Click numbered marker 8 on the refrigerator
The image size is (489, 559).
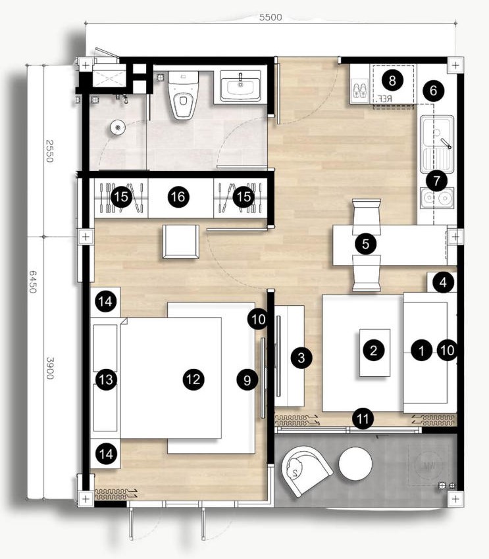point(392,82)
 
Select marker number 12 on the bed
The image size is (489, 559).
point(192,379)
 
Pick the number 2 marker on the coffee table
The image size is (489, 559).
point(373,351)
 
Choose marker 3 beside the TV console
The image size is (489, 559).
point(301,358)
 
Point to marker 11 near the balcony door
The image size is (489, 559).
point(362,416)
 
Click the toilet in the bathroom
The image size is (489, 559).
point(182,96)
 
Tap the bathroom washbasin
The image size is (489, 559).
point(240,86)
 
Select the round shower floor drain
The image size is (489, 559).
point(118,126)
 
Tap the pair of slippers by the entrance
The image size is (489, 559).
point(361,91)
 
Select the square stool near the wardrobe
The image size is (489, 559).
point(181,241)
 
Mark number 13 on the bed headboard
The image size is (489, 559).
point(106,379)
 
